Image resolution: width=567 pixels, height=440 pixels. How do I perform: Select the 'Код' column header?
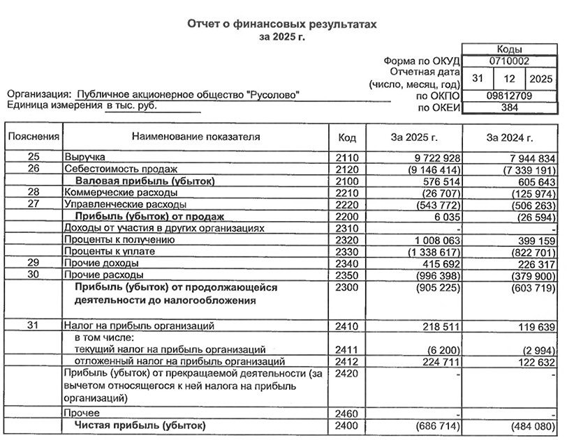pyautogui.click(x=346, y=137)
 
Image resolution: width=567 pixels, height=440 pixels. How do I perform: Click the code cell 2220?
pyautogui.click(x=346, y=205)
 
